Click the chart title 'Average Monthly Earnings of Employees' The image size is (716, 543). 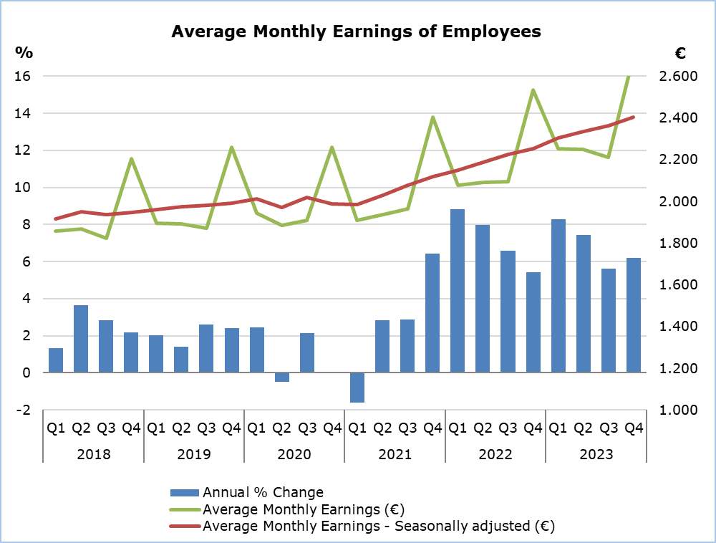(x=356, y=32)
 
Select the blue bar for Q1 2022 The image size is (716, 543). (x=457, y=291)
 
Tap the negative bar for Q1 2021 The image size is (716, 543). (x=357, y=388)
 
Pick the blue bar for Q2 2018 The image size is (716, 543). (x=81, y=339)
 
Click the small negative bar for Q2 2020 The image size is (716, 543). (x=281, y=378)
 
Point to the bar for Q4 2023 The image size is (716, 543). (x=633, y=315)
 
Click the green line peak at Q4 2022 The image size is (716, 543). (x=533, y=90)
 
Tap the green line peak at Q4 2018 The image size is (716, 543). (x=132, y=159)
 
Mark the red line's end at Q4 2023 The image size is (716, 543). (x=633, y=117)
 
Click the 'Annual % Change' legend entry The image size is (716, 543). (x=263, y=493)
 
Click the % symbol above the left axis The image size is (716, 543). (x=24, y=52)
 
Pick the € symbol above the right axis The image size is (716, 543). (x=680, y=53)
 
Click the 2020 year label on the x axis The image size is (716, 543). (x=294, y=454)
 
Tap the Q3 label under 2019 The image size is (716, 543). (x=206, y=429)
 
